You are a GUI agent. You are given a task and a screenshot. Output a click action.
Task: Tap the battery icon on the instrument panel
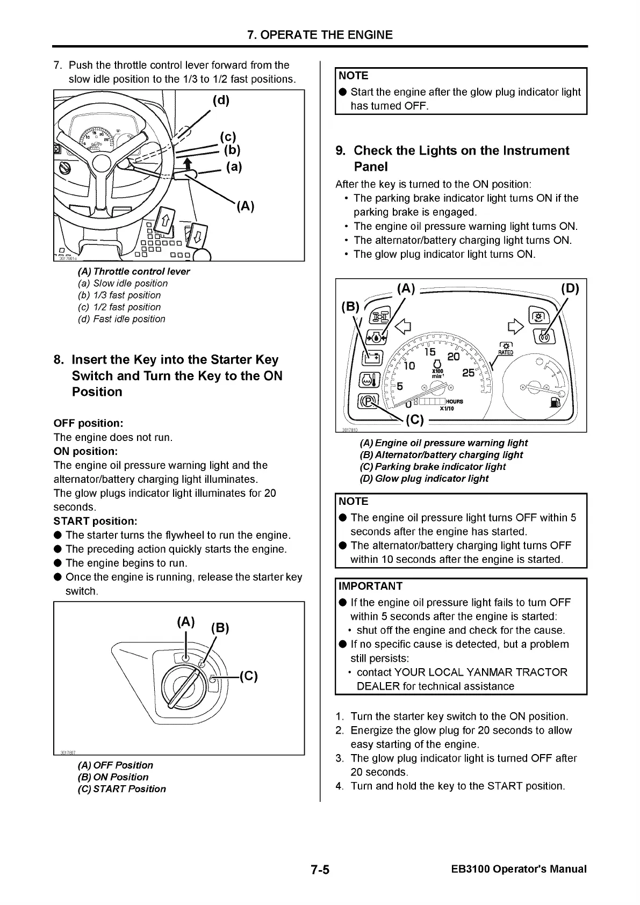coord(371,358)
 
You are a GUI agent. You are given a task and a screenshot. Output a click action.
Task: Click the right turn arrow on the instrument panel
coord(514,325)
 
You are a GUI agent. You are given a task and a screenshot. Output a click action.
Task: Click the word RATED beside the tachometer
coord(506,352)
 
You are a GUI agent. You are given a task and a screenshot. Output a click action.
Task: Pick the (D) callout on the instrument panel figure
coord(570,289)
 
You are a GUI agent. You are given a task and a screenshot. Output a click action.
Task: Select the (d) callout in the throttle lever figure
coord(221,101)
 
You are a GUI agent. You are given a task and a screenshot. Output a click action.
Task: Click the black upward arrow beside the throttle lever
coord(187,164)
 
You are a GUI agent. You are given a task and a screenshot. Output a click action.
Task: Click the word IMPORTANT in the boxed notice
coord(371,586)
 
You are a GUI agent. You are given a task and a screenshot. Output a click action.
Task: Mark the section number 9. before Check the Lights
coord(341,151)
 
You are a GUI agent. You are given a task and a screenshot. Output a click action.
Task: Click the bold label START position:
coord(95,521)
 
